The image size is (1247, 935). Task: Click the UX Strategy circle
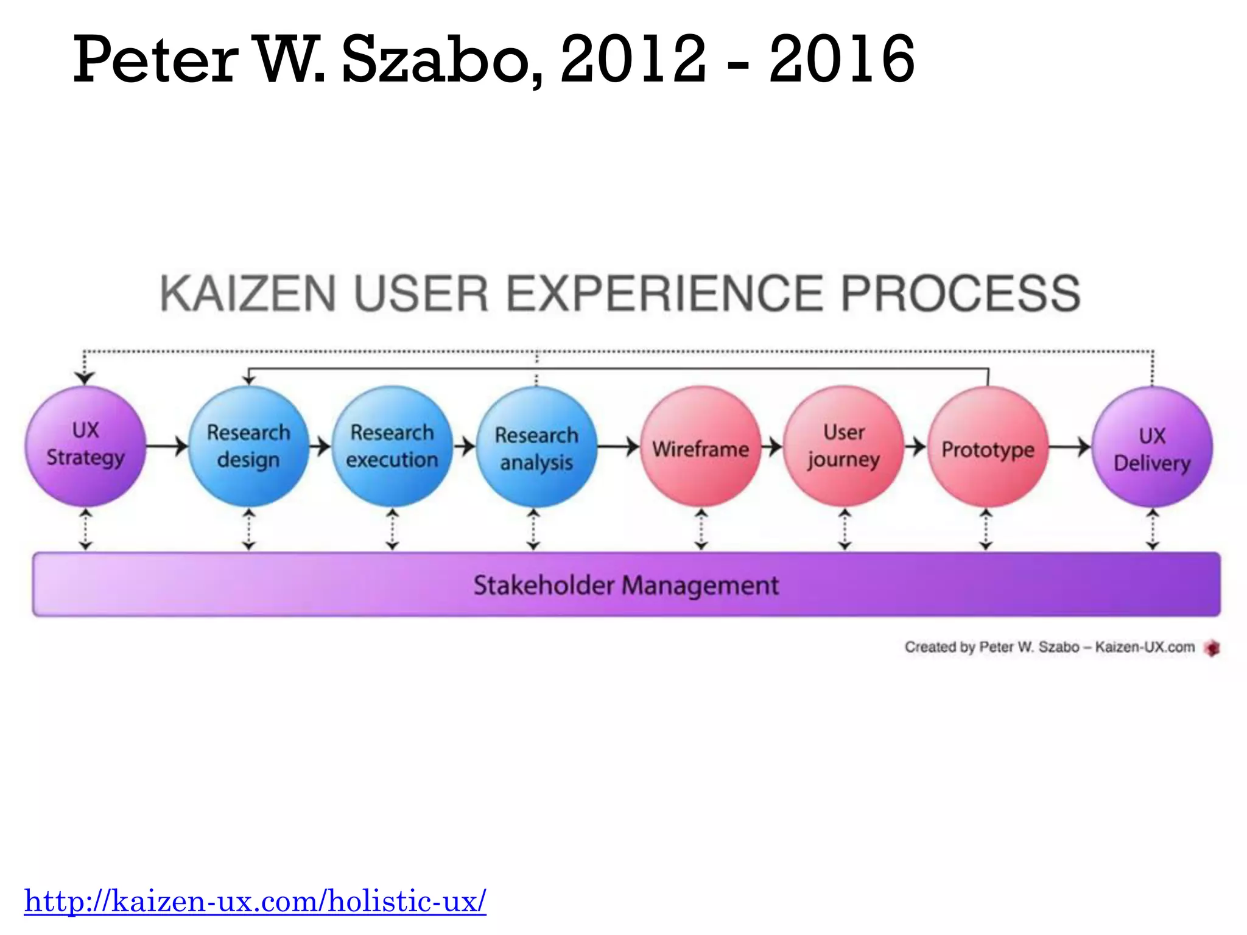85,446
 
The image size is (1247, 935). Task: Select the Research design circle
248,446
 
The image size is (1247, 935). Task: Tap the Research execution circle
392,446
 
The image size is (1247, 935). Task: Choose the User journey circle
844,446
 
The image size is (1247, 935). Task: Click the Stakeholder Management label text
626,586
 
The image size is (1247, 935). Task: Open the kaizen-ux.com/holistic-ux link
255,902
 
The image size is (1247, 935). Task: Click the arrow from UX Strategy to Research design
167,446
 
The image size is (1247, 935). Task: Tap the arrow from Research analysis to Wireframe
618,447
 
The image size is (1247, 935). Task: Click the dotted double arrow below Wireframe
701,530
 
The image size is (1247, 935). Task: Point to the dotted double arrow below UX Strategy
86,530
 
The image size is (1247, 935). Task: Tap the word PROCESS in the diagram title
961,294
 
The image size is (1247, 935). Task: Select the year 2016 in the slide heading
841,60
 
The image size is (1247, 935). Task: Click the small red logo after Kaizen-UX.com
1212,648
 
